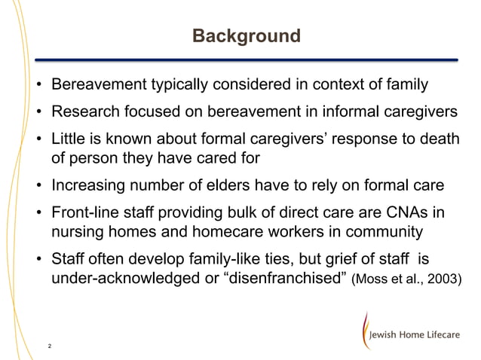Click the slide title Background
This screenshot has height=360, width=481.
click(246, 36)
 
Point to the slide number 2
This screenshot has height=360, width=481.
click(49, 346)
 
